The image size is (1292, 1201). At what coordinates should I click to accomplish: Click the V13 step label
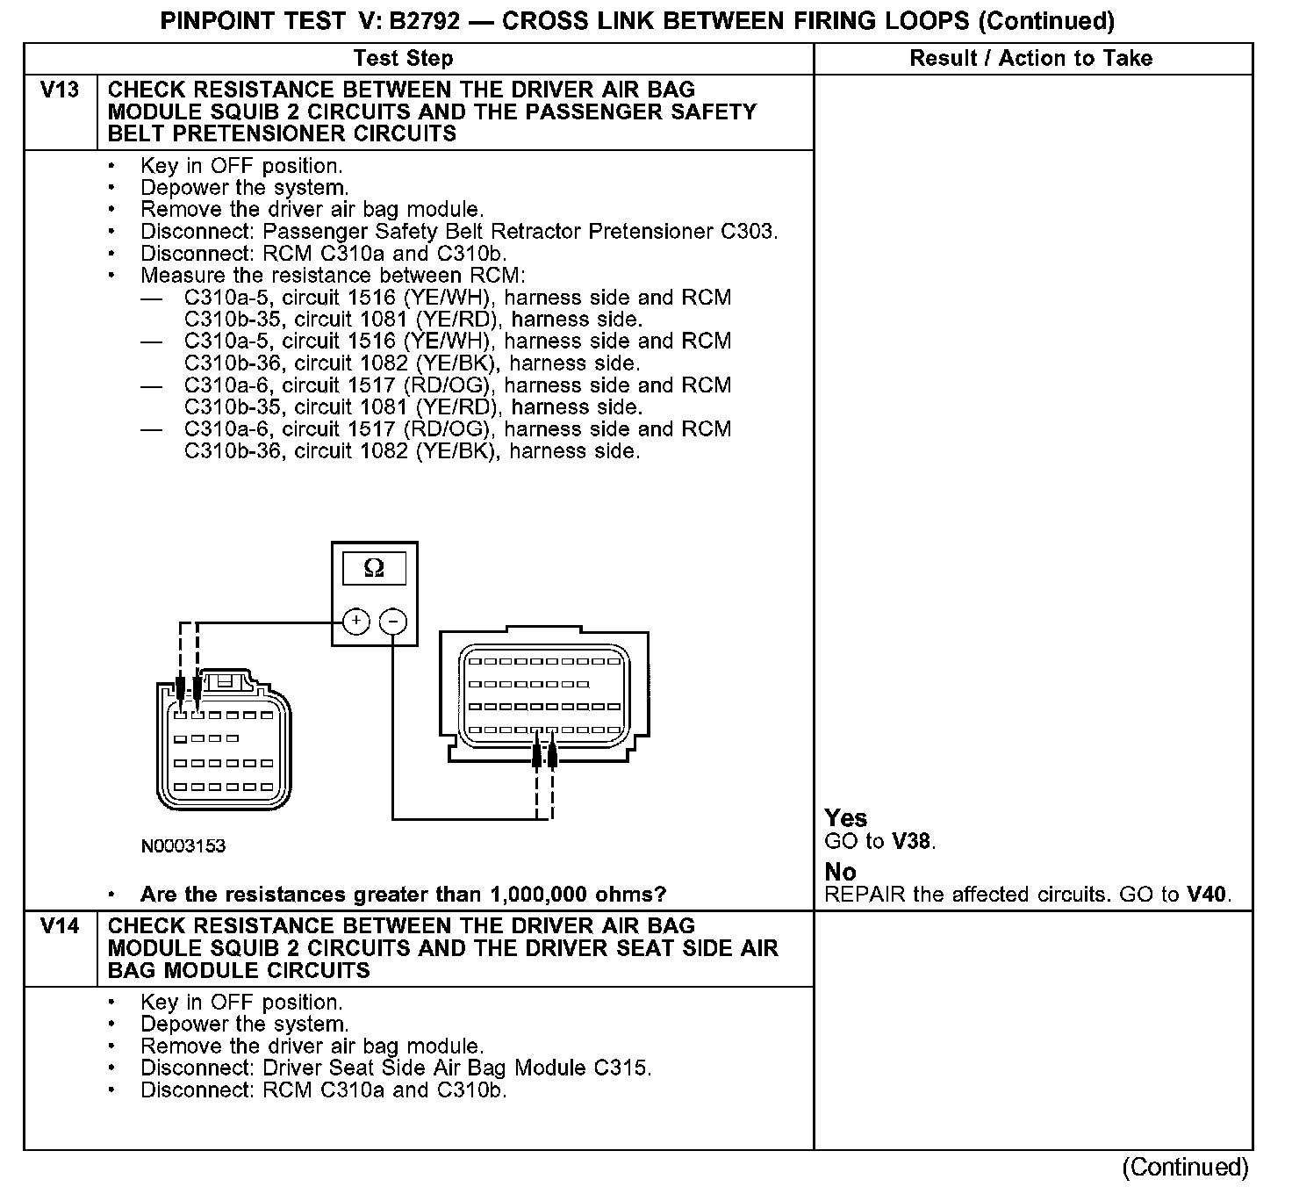(60, 90)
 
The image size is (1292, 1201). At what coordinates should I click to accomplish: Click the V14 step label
(60, 927)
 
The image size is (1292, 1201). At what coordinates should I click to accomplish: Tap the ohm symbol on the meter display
(374, 569)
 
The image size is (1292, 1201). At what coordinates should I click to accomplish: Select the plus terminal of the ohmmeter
(355, 622)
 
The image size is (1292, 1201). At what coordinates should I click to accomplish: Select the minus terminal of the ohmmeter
(393, 622)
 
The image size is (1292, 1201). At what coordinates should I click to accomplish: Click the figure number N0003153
(183, 846)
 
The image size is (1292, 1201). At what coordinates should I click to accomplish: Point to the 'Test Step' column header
(403, 59)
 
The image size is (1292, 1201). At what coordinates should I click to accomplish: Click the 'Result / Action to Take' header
(1030, 59)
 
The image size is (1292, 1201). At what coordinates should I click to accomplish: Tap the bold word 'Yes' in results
(846, 818)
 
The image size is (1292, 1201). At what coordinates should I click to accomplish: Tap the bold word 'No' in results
(840, 872)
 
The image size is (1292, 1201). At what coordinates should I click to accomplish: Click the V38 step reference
(911, 841)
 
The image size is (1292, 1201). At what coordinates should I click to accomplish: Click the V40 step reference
(1207, 895)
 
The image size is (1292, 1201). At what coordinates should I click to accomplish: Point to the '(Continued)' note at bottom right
(1185, 1167)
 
